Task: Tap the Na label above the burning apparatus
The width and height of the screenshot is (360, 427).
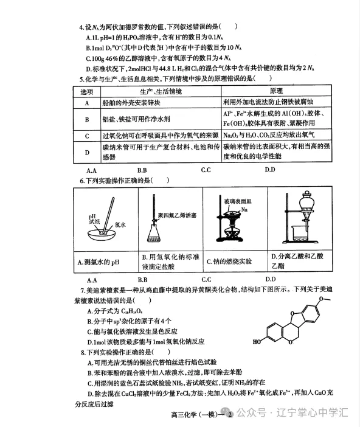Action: (x=244, y=209)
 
